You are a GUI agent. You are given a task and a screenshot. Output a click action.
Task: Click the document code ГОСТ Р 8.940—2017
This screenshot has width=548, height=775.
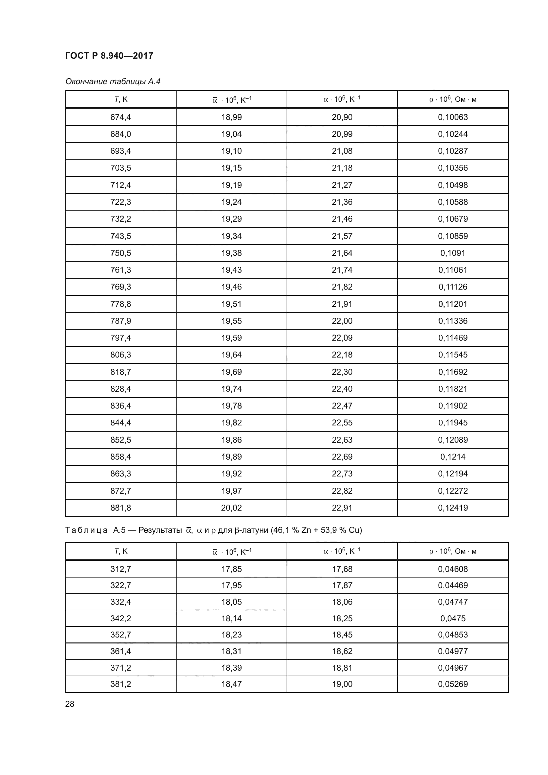(109, 56)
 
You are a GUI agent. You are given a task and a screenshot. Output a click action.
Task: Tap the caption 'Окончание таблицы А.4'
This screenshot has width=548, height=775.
(113, 82)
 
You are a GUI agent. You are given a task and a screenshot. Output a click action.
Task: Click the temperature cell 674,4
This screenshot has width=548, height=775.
(121, 117)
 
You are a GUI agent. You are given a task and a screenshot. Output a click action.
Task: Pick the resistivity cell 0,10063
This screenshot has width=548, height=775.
(453, 117)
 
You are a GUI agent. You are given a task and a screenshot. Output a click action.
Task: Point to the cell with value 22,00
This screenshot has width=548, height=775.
(342, 321)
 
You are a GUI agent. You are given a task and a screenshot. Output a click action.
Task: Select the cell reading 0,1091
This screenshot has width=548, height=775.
(453, 253)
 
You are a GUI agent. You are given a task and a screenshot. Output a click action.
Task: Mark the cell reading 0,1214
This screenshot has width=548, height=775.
(453, 457)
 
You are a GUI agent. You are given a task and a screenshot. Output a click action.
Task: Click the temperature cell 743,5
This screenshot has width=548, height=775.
(121, 236)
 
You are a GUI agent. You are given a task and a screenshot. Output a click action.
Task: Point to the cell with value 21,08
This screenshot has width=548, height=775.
(342, 151)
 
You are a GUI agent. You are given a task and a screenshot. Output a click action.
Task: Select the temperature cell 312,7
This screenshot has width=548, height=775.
(121, 569)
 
